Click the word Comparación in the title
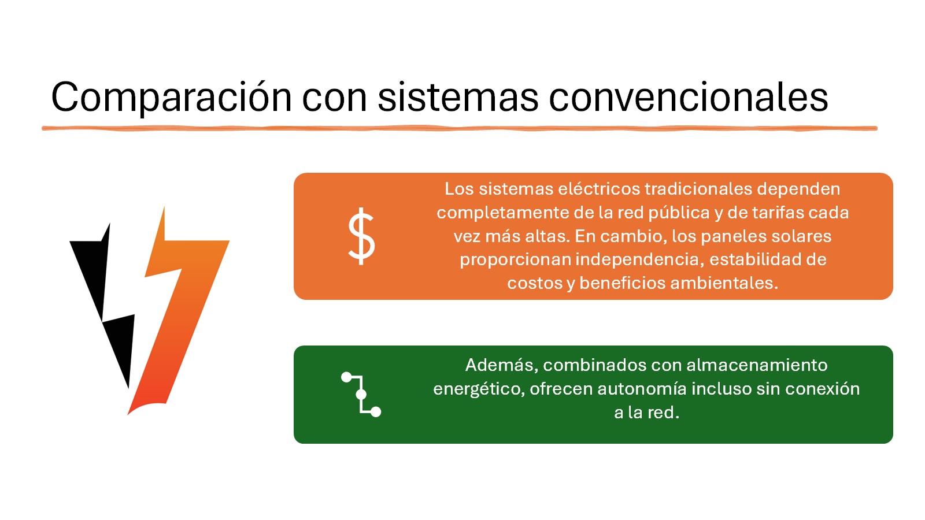[x=171, y=98]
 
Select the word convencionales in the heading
[x=689, y=98]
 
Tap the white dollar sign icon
[x=361, y=236]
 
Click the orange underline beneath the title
[x=459, y=128]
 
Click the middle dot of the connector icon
[x=361, y=395]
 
